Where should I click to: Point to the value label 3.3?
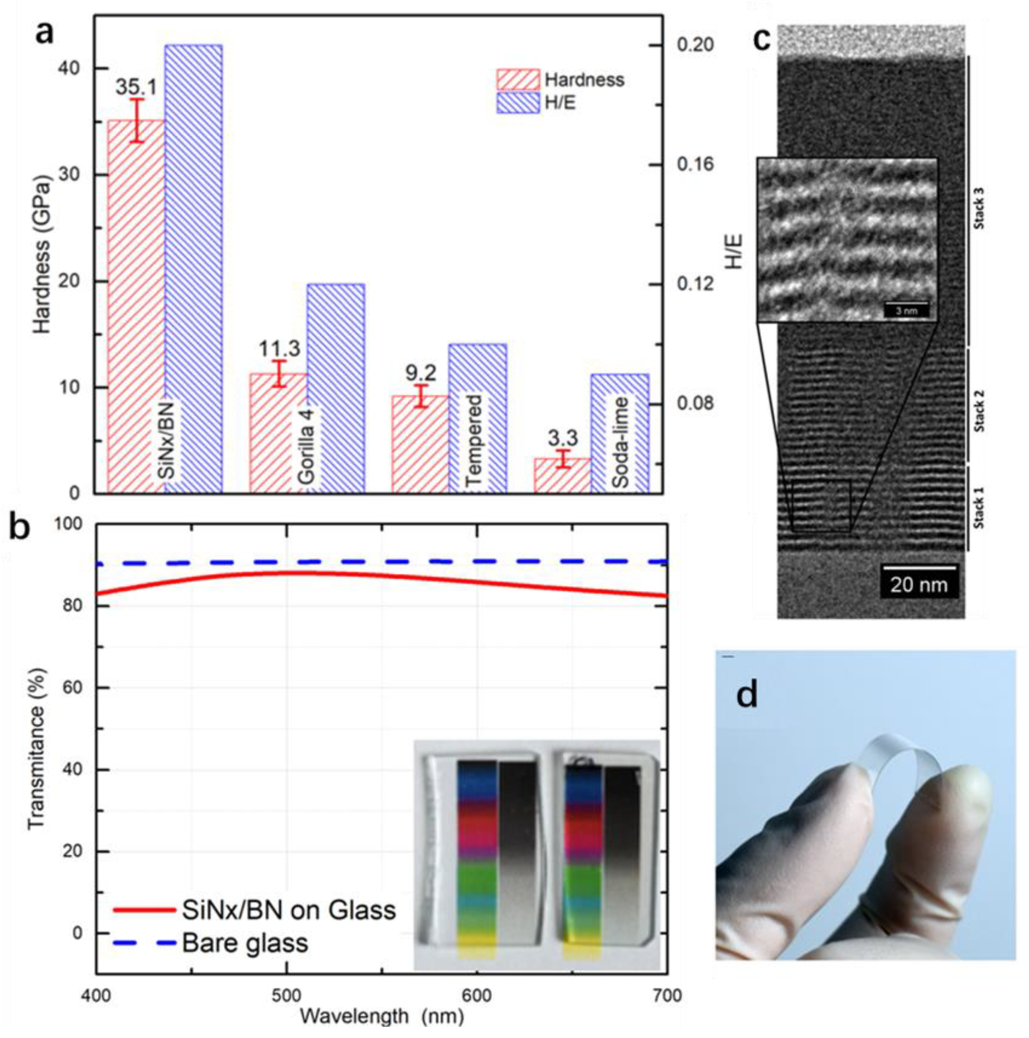(x=563, y=438)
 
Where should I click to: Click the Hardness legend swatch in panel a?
(x=518, y=80)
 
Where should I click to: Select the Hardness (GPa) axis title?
(x=42, y=258)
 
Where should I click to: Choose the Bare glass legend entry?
(x=245, y=943)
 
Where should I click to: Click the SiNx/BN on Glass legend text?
(x=288, y=910)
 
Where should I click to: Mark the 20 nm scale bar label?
(x=919, y=585)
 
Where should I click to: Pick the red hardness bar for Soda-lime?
(x=562, y=475)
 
